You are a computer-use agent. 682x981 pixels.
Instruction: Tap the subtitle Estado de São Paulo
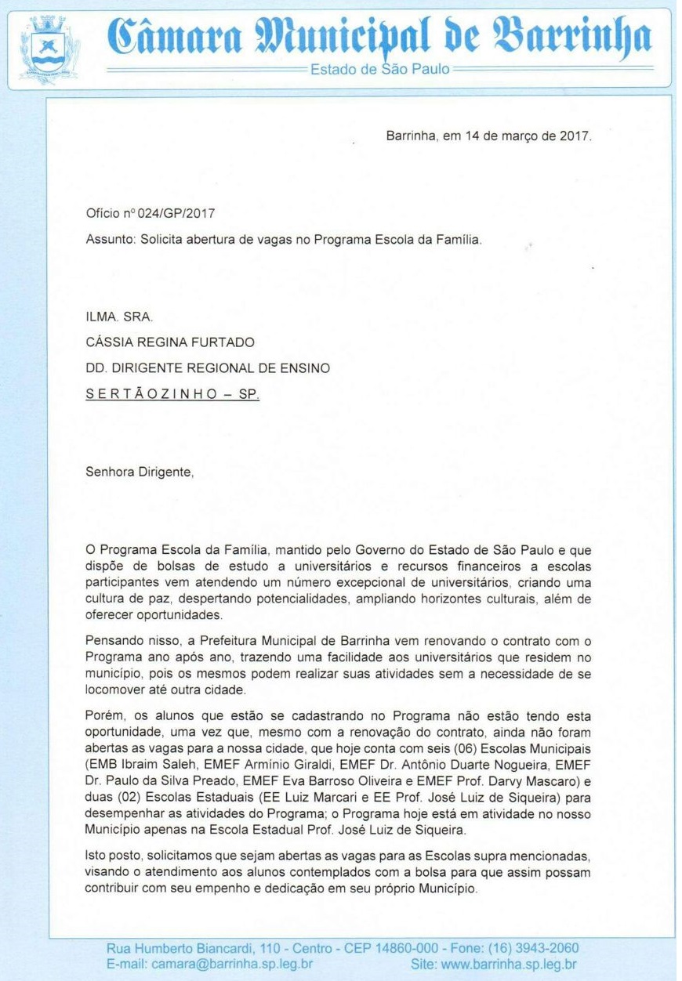point(380,69)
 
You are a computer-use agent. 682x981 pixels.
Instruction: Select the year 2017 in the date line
point(576,136)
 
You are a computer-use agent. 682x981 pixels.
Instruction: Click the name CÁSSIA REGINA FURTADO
point(169,342)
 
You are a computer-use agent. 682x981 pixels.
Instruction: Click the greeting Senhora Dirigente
point(138,474)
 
